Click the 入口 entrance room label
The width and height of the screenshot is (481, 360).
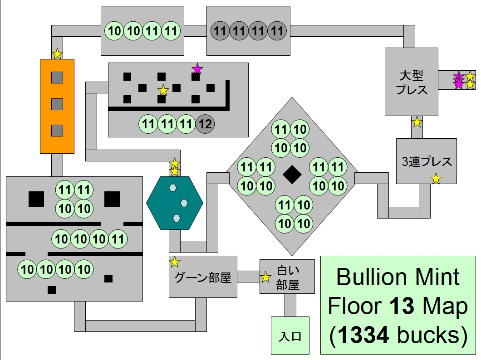click(x=290, y=337)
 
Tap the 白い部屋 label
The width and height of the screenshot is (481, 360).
click(x=288, y=277)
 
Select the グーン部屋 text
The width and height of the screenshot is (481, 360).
click(x=203, y=277)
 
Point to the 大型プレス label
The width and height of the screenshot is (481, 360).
click(x=412, y=82)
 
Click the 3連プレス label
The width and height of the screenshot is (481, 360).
click(x=427, y=161)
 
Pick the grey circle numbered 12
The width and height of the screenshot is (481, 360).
click(x=206, y=124)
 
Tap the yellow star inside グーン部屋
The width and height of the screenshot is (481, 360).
click(x=175, y=262)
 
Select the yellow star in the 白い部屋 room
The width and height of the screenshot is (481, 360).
click(x=266, y=277)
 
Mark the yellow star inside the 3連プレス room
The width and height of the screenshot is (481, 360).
click(x=436, y=179)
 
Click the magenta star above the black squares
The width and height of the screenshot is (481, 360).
click(x=197, y=69)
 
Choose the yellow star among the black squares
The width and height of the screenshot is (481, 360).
click(x=163, y=91)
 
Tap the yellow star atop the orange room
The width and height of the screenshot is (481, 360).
click(x=57, y=54)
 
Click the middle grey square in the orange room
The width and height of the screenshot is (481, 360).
click(x=57, y=104)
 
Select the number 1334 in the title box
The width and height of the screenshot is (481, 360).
click(x=363, y=335)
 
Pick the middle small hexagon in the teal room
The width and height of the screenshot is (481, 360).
click(x=184, y=202)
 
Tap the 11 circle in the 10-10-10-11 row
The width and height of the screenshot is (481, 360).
click(x=118, y=239)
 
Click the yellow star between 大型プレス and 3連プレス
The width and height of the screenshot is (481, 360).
click(x=417, y=122)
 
